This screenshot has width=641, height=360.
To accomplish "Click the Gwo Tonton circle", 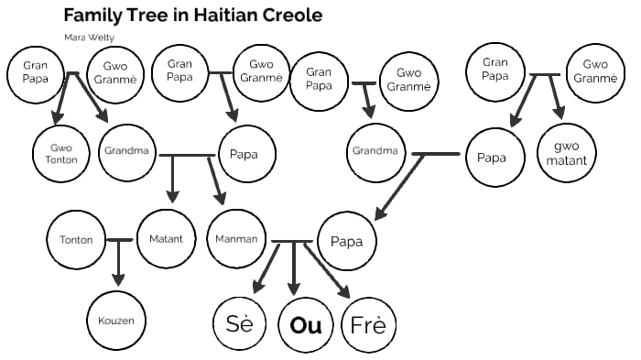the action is tap(61, 153).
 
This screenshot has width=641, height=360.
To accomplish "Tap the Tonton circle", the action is tap(75, 240).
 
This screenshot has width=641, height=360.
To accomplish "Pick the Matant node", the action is tap(166, 239).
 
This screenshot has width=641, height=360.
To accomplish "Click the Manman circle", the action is tap(236, 239).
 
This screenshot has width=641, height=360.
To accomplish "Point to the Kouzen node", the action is tap(116, 322).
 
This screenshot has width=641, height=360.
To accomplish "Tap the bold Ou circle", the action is tap(305, 325).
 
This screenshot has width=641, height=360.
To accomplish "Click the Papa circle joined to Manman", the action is tap(346, 242).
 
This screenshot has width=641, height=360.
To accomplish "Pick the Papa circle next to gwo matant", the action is tap(492, 157).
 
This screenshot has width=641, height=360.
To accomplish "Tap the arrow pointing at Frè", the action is tap(329, 272).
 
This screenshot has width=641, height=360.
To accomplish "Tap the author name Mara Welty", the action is tap(89, 38).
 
